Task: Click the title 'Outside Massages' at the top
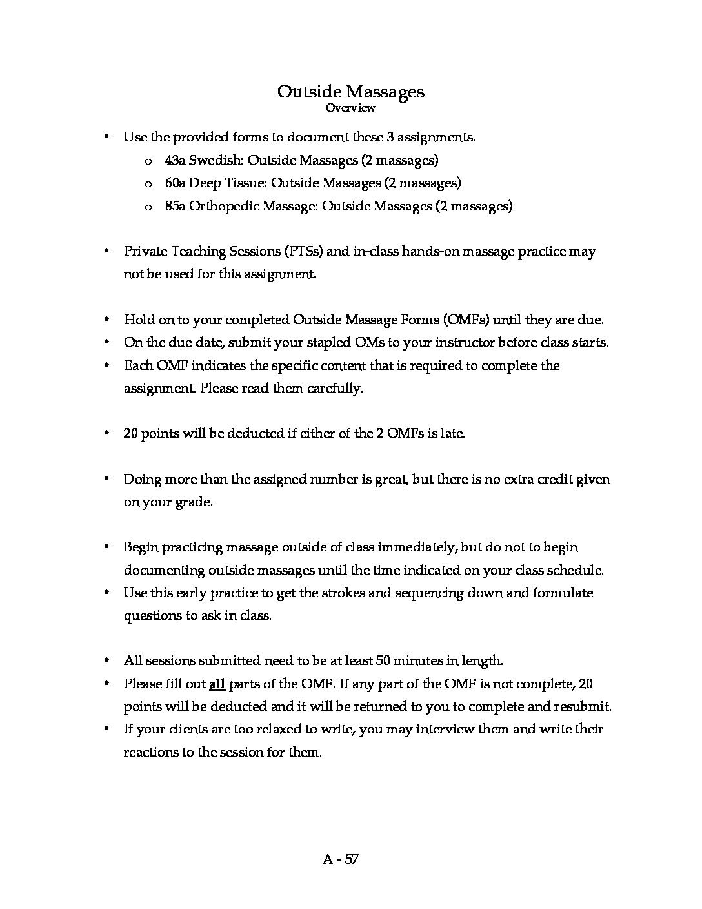point(350,92)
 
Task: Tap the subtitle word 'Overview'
point(350,108)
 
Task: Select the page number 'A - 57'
point(341,859)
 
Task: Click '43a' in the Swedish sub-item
point(175,160)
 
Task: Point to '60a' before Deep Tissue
point(175,183)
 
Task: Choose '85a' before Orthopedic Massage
point(175,207)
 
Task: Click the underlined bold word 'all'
point(217,684)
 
